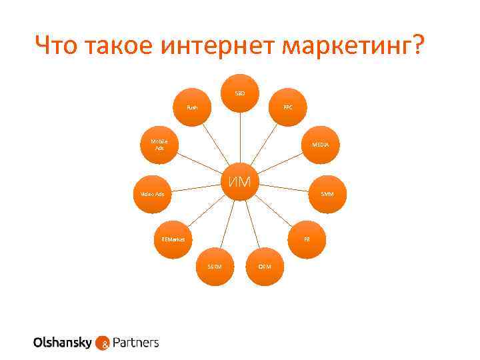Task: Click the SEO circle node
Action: point(240,92)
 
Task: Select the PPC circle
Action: point(287,107)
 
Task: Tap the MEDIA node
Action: point(321,145)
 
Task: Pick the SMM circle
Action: point(327,194)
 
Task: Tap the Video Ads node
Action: point(153,194)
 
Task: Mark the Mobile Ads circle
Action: point(159,145)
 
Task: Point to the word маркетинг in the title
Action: point(351,47)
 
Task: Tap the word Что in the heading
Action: point(59,47)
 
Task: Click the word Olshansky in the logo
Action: point(63,343)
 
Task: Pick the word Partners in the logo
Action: point(136,343)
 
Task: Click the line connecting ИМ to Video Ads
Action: point(197,188)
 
